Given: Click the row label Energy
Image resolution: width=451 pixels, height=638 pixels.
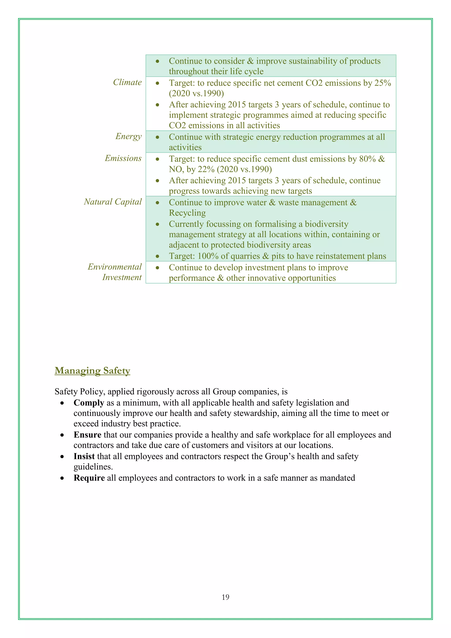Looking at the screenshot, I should pyautogui.click(x=128, y=136).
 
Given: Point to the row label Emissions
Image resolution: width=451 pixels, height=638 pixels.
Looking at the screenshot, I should pyautogui.click(x=123, y=158).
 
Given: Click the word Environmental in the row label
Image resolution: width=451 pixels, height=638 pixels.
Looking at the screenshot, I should pyautogui.click(x=115, y=267).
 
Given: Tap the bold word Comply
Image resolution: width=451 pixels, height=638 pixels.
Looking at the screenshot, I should pyautogui.click(x=89, y=403).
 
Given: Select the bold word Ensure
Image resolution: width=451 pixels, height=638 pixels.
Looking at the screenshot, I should pyautogui.click(x=87, y=435).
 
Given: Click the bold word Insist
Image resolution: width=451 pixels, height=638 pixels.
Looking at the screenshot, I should pyautogui.click(x=84, y=456).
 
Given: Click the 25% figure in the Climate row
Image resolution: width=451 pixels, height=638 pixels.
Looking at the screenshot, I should pyautogui.click(x=383, y=83).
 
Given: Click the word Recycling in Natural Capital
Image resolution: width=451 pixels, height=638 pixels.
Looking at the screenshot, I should pyautogui.click(x=187, y=213).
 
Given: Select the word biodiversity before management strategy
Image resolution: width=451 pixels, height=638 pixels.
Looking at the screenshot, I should pyautogui.click(x=326, y=224).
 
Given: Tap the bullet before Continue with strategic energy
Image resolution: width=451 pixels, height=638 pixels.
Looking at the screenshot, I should pyautogui.click(x=157, y=137).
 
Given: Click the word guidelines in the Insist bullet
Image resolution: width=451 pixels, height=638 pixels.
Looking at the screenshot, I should pyautogui.click(x=93, y=467).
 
